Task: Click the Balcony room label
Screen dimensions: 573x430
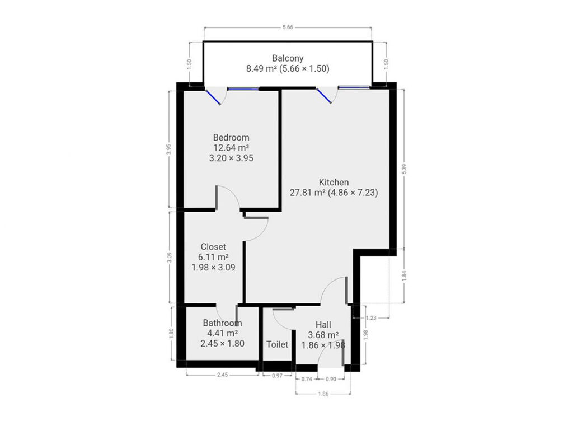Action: pyautogui.click(x=288, y=58)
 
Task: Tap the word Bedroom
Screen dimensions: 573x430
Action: pyautogui.click(x=231, y=138)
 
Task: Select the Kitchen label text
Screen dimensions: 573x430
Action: pyautogui.click(x=334, y=182)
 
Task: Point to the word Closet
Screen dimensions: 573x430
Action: pyautogui.click(x=213, y=247)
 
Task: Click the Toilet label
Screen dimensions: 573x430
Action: pyautogui.click(x=277, y=344)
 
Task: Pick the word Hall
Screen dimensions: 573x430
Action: pyautogui.click(x=323, y=325)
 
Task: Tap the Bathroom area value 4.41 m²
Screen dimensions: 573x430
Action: pyautogui.click(x=222, y=334)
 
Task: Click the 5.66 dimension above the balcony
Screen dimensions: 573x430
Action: pyautogui.click(x=288, y=27)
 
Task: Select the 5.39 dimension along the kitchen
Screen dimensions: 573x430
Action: pyautogui.click(x=404, y=169)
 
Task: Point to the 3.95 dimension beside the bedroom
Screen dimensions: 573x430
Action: pyautogui.click(x=168, y=149)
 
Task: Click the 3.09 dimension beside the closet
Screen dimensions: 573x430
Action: pyautogui.click(x=169, y=258)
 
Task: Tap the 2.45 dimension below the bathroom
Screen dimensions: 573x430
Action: pyautogui.click(x=222, y=375)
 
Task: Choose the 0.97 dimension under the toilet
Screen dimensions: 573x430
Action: pyautogui.click(x=278, y=376)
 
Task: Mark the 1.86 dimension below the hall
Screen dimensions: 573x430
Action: pyautogui.click(x=323, y=394)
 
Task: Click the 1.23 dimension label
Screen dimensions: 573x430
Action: pyautogui.click(x=371, y=318)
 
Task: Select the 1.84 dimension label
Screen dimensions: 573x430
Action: pyautogui.click(x=404, y=276)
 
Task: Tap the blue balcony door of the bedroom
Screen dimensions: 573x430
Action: pyautogui.click(x=213, y=96)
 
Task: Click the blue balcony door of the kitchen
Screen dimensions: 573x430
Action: pyautogui.click(x=324, y=96)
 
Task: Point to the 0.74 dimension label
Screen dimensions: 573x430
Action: pyautogui.click(x=307, y=379)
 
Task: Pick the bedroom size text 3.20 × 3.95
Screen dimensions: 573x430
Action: pyautogui.click(x=231, y=158)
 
